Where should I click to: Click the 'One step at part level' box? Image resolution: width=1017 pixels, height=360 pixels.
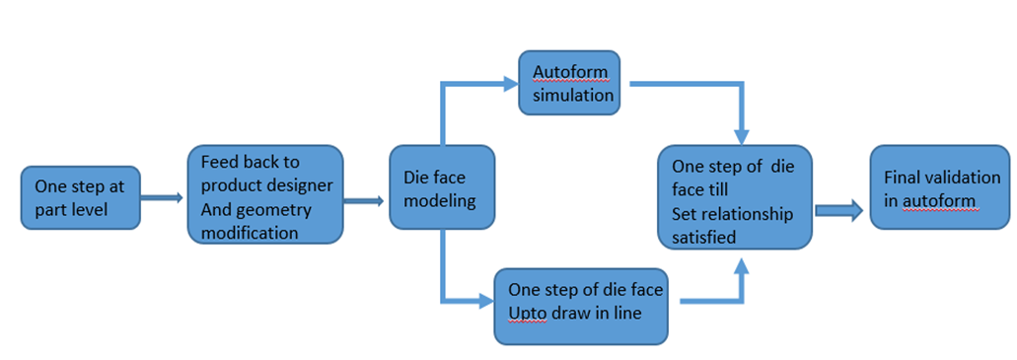81,198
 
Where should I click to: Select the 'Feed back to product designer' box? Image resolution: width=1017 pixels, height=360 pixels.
265,194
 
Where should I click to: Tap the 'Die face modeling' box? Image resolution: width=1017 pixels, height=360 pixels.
442,186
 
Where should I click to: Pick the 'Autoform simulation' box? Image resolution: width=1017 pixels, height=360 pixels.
569,84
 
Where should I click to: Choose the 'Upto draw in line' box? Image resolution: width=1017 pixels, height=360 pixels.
581,306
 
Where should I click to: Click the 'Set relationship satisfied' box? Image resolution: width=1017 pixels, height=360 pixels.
735,197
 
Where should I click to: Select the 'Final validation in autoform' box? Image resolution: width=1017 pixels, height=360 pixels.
940,186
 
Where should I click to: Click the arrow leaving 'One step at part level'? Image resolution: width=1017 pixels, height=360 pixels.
162,197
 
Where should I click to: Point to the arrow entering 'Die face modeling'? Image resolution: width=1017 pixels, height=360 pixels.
365,202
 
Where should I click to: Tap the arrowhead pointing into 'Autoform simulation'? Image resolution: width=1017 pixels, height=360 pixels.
510,83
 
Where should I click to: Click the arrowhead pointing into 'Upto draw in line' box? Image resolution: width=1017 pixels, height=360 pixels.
486,300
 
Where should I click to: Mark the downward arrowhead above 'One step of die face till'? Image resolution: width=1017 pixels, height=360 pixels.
742,137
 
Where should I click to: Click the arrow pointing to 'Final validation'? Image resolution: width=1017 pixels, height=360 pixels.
839,210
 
